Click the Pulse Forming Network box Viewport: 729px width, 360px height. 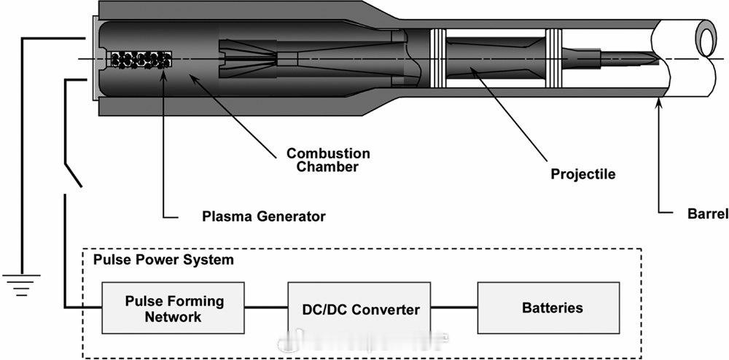point(174,309)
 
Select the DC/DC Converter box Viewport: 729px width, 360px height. point(361,309)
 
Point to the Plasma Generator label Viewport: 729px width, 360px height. point(264,216)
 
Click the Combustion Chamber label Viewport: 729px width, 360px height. point(327,160)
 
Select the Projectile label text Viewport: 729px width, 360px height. point(582,174)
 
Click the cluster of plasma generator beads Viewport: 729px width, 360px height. point(140,60)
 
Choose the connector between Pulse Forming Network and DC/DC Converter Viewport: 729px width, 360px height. point(267,308)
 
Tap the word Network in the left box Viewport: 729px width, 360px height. point(174,317)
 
